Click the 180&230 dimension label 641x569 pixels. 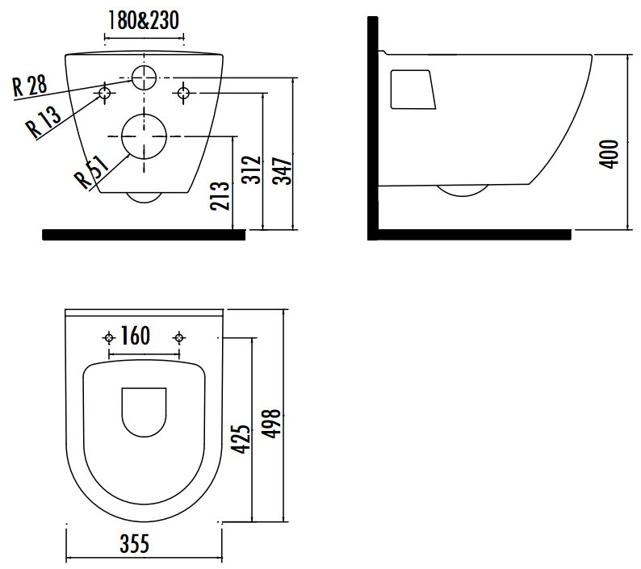[x=144, y=20]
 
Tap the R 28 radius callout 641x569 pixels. [x=29, y=86]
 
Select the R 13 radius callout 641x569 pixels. [x=44, y=121]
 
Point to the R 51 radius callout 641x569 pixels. [x=92, y=171]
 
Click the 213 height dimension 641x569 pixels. [x=220, y=196]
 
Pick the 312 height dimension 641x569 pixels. [x=251, y=169]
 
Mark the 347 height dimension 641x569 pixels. [x=282, y=171]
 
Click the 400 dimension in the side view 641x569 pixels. [x=609, y=153]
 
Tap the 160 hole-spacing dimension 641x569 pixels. [x=136, y=336]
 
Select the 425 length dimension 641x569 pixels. [x=241, y=439]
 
